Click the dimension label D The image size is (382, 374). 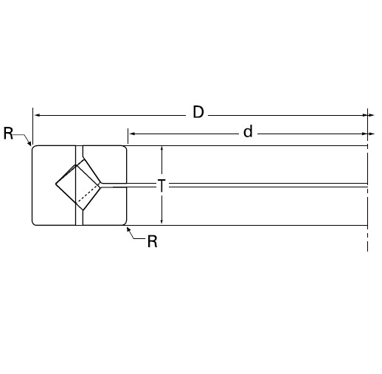point(198,112)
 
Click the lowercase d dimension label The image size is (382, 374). point(248,133)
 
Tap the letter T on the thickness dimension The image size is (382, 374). point(162,185)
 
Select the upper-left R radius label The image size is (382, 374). point(8,134)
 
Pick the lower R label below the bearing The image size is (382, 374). point(152,242)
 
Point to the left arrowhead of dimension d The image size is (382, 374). point(132,134)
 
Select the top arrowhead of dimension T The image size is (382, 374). point(162,149)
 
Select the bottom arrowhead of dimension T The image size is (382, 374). point(162,221)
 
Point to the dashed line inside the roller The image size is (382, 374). point(88,196)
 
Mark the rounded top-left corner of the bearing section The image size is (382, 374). point(35,148)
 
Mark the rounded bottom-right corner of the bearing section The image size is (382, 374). point(125,221)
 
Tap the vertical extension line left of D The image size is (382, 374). point(32,125)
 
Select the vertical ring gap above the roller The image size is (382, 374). point(80,153)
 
